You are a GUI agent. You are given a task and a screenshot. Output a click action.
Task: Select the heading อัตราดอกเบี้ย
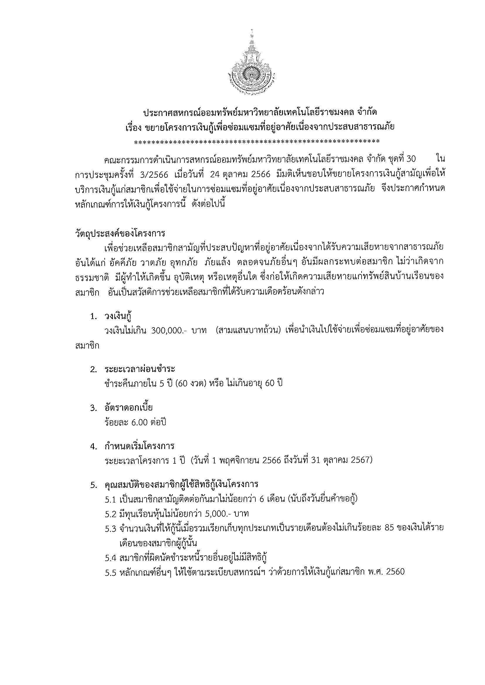[129, 408]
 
